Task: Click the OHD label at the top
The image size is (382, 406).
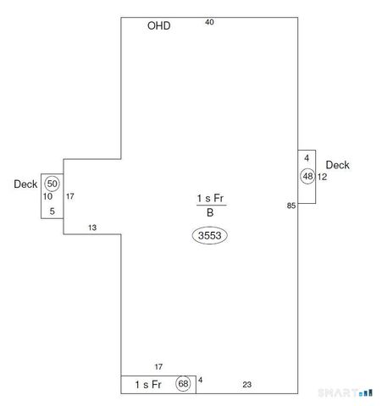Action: coord(159,25)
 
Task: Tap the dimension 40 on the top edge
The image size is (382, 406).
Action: coord(209,22)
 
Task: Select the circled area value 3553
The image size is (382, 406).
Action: coord(209,235)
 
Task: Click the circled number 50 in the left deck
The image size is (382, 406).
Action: coord(52,184)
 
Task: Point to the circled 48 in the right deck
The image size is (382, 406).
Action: coord(307,176)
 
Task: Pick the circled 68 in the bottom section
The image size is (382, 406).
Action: coord(183,383)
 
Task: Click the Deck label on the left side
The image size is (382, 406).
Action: coord(25,184)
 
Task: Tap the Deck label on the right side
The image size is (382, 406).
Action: coord(338,165)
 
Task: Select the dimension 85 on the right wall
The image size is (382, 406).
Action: coord(291,206)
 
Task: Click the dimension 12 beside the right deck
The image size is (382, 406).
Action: coord(322,177)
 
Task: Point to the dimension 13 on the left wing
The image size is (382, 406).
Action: coord(92,228)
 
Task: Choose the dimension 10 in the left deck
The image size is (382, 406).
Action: coord(47,196)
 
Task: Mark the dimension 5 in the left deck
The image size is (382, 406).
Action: coord(53,211)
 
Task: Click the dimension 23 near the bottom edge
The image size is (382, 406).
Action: coord(247,385)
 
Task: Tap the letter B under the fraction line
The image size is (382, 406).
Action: coord(210,212)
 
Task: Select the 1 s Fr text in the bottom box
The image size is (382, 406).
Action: coord(148,384)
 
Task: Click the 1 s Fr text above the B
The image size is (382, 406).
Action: coord(211,198)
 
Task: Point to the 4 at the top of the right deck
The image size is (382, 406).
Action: coord(307,158)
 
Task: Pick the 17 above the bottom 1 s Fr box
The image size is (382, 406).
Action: coord(158,367)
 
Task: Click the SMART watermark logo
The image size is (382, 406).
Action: coord(346,392)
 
